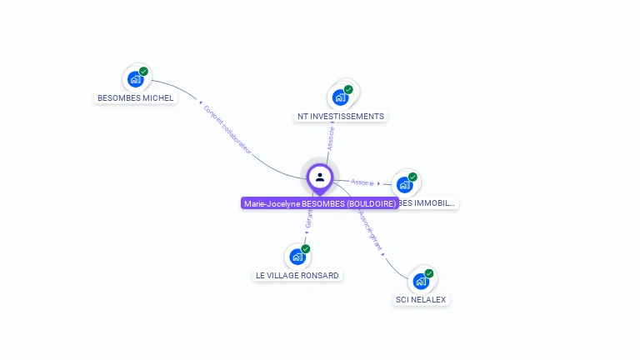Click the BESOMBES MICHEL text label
136,97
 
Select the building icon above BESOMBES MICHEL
135,80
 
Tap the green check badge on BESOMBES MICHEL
144,72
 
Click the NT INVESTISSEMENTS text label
341,116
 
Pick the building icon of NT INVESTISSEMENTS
340,97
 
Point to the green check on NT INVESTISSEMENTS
348,89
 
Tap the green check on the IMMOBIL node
412,177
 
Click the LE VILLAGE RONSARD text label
297,275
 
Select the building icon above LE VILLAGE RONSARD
297,257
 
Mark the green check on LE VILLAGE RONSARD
306,248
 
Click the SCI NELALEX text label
422,299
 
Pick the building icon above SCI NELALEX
421,281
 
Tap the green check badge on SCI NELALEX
429,272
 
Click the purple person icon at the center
320,177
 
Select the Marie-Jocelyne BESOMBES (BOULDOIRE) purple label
320,203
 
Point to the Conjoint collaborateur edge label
227,128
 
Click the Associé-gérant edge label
370,230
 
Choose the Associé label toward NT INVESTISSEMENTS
331,138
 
